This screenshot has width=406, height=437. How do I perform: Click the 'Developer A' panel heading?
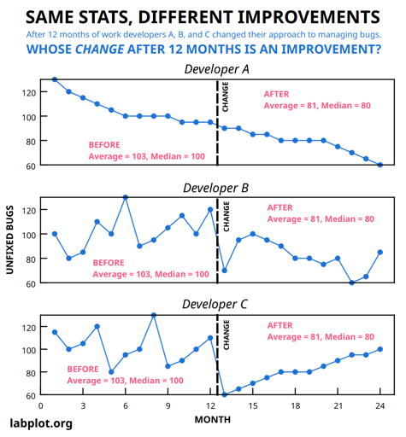point(216,68)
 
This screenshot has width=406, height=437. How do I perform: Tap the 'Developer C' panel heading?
point(216,304)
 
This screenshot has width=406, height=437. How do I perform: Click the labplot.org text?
point(41,422)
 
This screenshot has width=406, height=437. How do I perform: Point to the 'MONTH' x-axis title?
point(212,420)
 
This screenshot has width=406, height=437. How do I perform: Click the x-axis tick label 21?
point(338,406)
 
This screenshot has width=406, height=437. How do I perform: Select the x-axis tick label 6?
point(126,406)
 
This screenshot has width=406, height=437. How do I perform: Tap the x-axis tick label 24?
point(380,406)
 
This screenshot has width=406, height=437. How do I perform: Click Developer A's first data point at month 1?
point(55,79)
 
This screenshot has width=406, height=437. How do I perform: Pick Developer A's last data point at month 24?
point(380,165)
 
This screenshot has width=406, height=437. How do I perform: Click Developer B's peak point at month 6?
point(126,197)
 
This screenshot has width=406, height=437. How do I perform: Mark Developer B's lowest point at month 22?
point(352,283)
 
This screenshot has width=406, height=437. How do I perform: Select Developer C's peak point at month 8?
point(154,315)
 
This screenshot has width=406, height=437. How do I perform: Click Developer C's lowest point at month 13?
point(225,395)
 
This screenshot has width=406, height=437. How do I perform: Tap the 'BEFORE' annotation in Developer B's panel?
point(109,263)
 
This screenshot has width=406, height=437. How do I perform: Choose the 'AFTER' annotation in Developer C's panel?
point(280,325)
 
